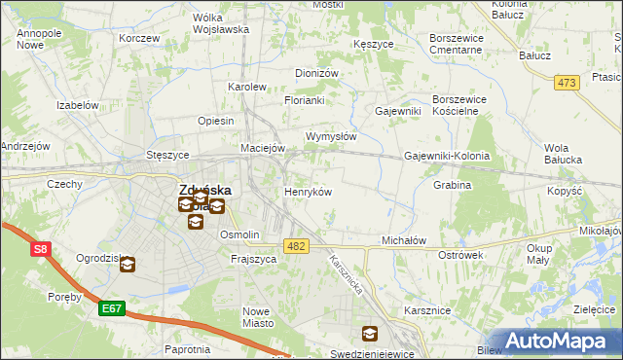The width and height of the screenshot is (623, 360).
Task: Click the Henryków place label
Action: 308,192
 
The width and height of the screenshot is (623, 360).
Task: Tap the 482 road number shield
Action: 297,247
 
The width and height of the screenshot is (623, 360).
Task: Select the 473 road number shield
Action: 567,83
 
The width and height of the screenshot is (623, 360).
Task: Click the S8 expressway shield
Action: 40,249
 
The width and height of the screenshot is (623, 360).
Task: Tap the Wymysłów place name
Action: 331,136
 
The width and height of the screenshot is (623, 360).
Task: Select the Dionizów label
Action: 316,73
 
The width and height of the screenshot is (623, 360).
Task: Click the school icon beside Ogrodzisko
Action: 128,263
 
